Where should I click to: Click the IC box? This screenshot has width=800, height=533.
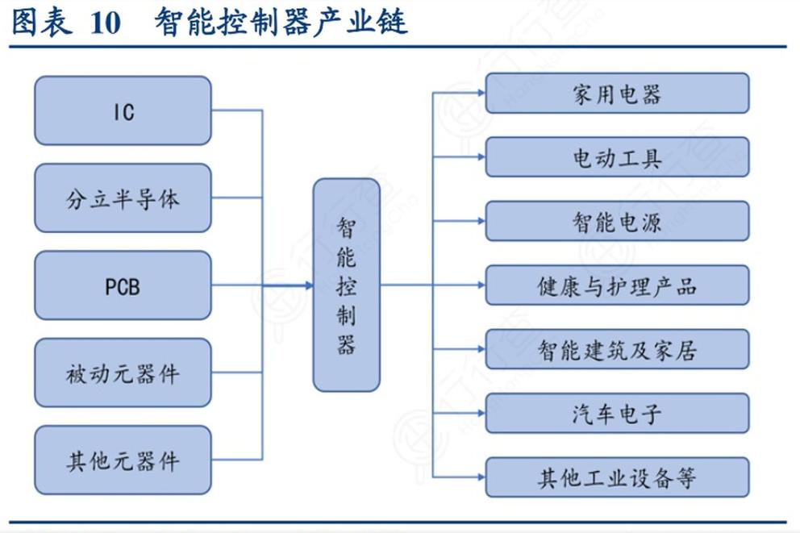(123, 111)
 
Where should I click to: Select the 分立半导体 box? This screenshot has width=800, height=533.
(123, 198)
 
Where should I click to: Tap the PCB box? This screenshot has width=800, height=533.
(123, 285)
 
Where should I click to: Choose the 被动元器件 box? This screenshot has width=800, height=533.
(123, 373)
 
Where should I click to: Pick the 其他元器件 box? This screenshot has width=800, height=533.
(123, 461)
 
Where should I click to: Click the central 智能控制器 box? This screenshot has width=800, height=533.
(346, 285)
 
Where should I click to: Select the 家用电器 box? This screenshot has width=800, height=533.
(617, 94)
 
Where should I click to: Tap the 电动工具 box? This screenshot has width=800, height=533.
(617, 158)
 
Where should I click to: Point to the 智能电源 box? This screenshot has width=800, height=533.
(617, 222)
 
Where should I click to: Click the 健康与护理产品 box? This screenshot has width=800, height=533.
(617, 285)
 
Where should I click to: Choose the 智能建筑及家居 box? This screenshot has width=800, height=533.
(617, 350)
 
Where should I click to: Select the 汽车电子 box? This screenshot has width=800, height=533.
(617, 414)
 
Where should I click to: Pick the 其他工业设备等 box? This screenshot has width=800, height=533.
(617, 478)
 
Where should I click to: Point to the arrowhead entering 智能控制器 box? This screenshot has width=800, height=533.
(308, 285)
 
